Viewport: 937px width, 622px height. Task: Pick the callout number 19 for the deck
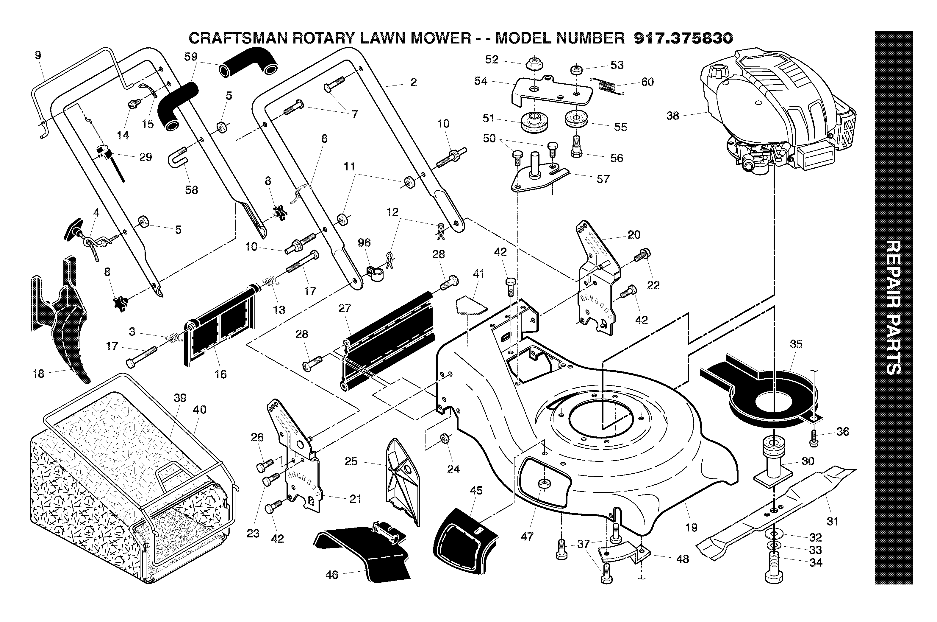[691, 528]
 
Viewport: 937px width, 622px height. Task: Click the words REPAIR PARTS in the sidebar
[894, 307]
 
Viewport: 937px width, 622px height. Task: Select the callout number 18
[38, 374]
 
